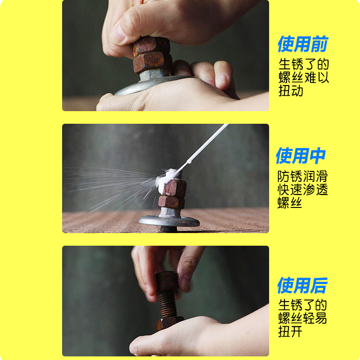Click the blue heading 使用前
point(303,44)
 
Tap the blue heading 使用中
point(301,156)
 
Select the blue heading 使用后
point(302,285)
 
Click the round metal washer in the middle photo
point(169,221)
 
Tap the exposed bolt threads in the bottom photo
point(168,305)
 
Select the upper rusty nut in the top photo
point(151,45)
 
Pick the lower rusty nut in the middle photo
point(171,202)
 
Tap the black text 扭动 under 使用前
point(291,91)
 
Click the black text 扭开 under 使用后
point(290,332)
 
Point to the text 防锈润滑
point(302,176)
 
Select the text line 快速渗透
point(302,189)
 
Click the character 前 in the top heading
point(320,44)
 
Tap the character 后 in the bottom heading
point(319,285)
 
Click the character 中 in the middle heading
point(318,156)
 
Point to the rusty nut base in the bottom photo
point(170,323)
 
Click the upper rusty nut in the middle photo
point(175,189)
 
